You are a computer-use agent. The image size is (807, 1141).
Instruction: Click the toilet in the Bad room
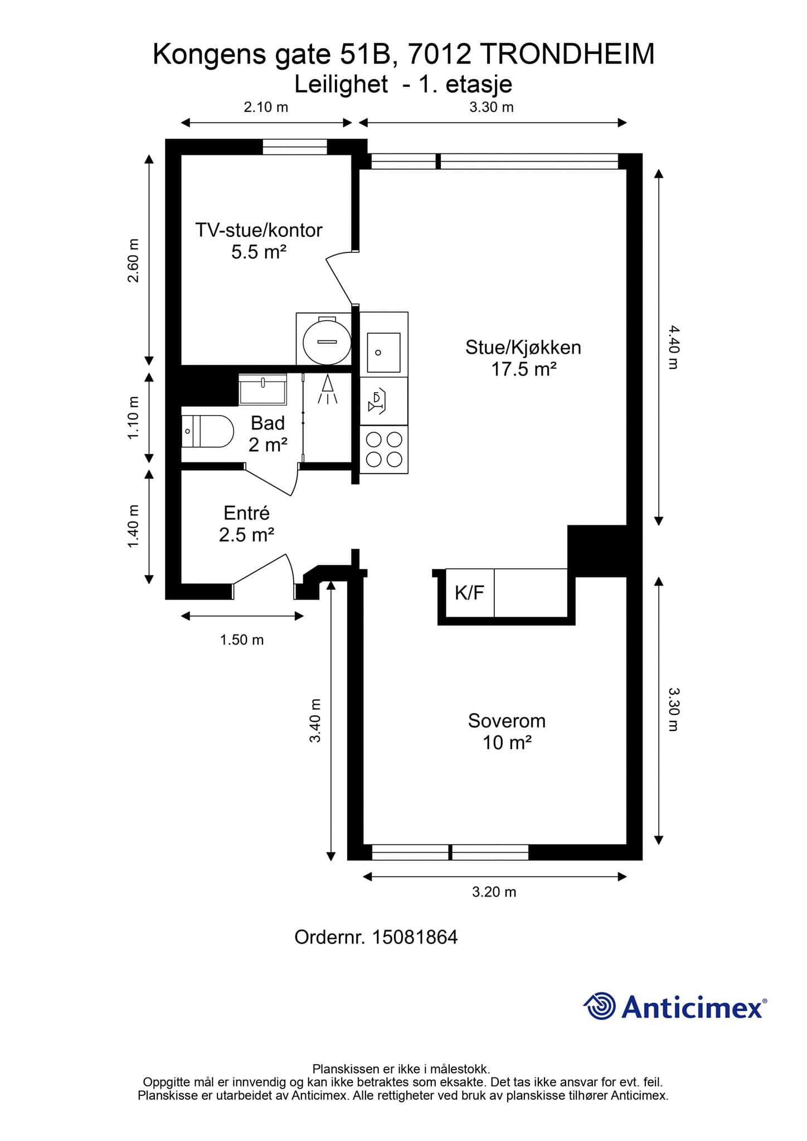[x=207, y=431]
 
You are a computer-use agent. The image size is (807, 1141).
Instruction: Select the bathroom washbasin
[x=262, y=389]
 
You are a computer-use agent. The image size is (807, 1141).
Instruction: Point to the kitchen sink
[x=383, y=353]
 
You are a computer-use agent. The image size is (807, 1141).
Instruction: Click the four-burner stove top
[x=384, y=450]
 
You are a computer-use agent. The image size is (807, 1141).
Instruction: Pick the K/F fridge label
[x=469, y=593]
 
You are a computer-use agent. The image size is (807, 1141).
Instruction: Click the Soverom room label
[x=507, y=720]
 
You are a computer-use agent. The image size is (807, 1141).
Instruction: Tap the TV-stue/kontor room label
[x=259, y=230]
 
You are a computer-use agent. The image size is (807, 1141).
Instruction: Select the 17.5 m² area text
[x=524, y=369]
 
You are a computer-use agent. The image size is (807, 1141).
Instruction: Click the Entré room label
[x=246, y=513]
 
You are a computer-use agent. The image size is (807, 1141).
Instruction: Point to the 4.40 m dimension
[x=673, y=348]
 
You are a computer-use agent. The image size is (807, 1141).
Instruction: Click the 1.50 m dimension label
[x=242, y=640]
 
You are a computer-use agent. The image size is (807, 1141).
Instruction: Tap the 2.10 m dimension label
[x=266, y=107]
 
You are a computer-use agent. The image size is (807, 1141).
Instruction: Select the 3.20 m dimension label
[x=494, y=892]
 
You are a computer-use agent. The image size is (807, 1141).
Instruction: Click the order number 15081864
[x=415, y=937]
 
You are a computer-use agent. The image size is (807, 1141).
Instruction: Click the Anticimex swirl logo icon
[x=599, y=1006]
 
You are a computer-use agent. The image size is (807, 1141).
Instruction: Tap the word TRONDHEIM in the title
[x=567, y=55]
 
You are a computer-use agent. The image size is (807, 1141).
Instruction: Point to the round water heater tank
[x=327, y=340]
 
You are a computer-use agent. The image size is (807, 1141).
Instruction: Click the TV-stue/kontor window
[x=295, y=147]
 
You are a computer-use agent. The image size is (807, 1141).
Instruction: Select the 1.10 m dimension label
[x=133, y=418]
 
